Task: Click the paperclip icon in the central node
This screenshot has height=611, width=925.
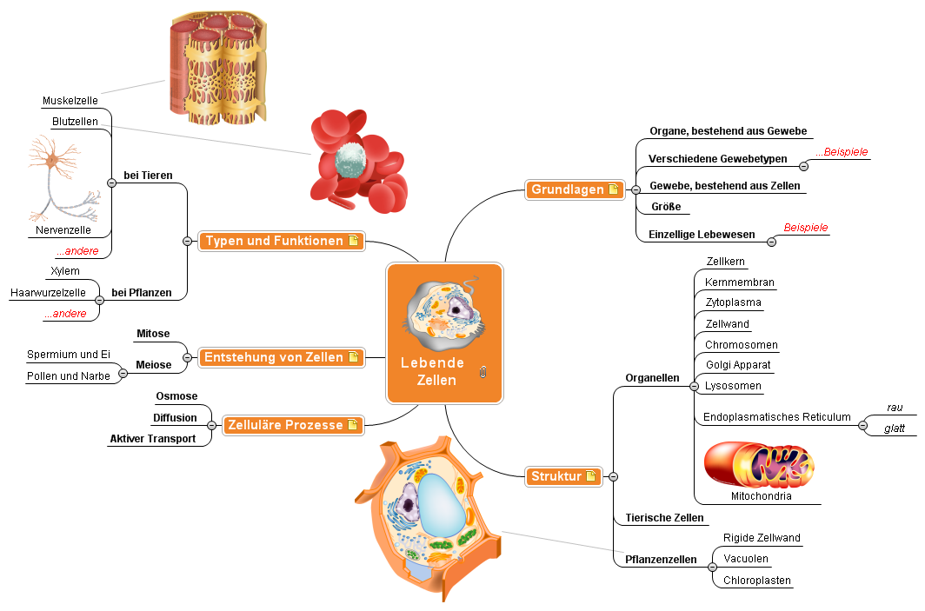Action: pos(484,372)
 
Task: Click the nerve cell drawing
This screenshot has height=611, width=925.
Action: pos(61,178)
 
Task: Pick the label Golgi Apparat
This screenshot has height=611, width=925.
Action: pos(738,365)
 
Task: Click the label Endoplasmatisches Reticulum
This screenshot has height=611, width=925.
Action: pos(776,417)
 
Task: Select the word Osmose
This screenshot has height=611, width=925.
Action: pos(176,396)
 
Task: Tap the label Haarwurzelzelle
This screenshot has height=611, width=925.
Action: pos(48,293)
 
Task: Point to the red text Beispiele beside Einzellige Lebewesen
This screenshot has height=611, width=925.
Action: pos(806,228)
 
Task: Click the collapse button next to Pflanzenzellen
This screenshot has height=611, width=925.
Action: pos(712,567)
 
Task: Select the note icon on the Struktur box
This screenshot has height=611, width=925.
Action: pos(591,476)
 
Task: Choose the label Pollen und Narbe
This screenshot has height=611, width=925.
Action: pos(68,376)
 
